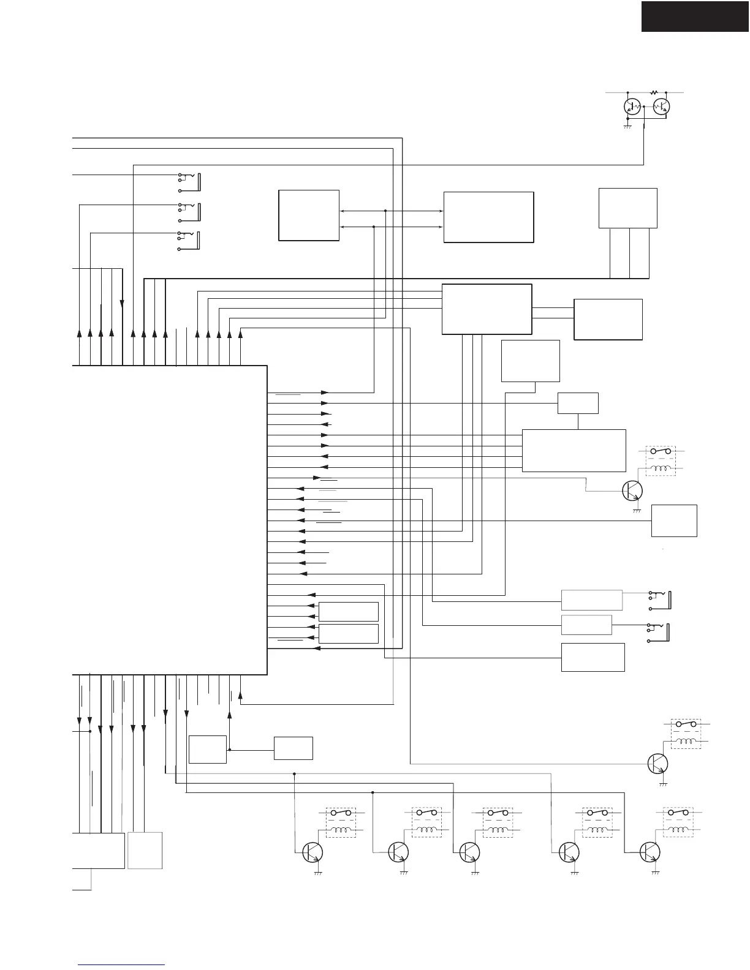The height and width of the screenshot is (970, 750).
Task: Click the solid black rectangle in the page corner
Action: (x=695, y=16)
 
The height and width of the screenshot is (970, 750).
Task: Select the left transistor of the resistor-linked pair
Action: (x=632, y=107)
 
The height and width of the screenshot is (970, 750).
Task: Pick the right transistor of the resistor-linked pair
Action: (x=661, y=107)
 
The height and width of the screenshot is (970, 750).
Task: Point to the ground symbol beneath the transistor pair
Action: (x=627, y=126)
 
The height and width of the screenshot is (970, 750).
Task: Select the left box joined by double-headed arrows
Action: (x=309, y=215)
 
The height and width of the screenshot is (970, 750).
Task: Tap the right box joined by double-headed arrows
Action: (x=488, y=217)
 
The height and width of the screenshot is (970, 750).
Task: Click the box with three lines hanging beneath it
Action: (x=627, y=208)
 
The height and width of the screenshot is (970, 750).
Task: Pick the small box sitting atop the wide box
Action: (x=578, y=403)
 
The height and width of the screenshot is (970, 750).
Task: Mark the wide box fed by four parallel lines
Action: (x=574, y=450)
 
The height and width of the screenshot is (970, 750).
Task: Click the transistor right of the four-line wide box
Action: (x=632, y=491)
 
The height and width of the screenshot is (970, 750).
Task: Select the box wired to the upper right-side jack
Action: (x=592, y=600)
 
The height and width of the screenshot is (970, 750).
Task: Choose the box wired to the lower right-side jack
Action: (x=586, y=625)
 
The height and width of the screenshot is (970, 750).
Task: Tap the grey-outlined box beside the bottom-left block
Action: (x=145, y=850)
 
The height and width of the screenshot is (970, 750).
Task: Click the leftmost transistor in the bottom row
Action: (x=313, y=852)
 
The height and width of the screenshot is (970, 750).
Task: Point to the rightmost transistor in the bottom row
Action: (x=650, y=852)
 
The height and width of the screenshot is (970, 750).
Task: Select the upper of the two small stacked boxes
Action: (x=348, y=611)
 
